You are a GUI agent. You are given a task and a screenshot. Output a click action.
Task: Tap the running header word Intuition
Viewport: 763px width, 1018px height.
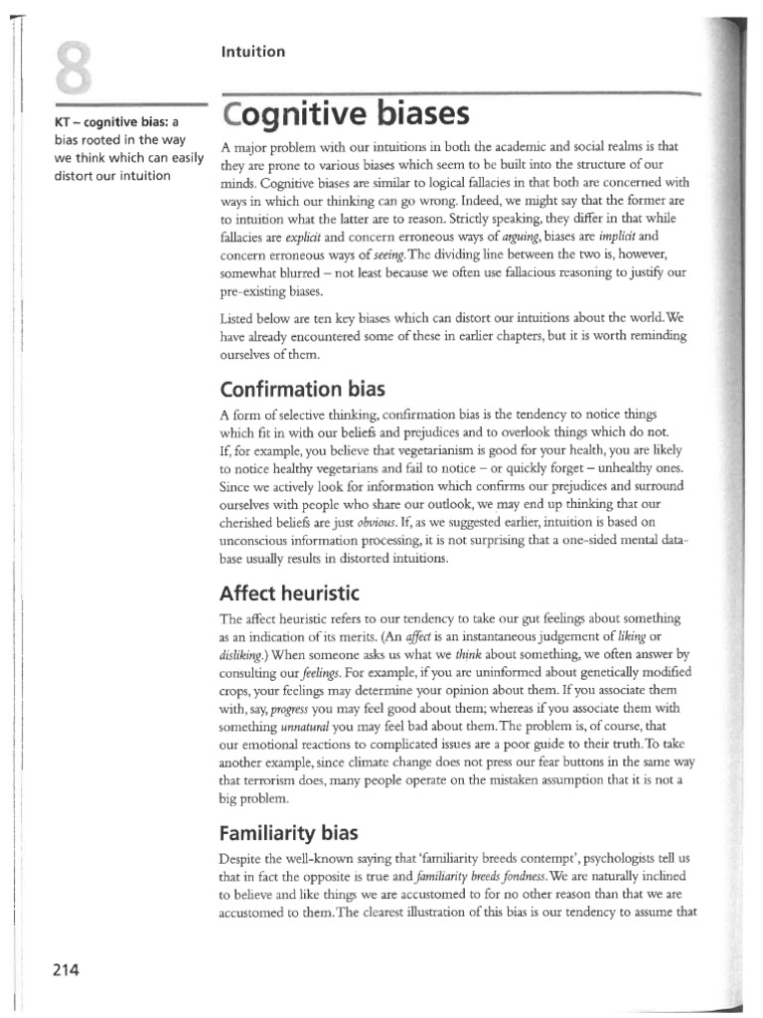[252, 52]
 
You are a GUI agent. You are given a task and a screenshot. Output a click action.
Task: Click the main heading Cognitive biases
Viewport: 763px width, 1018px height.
[345, 115]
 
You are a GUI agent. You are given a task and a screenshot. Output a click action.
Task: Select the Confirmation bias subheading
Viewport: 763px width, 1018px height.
[308, 386]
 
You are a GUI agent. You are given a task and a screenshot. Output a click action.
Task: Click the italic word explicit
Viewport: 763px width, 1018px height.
[305, 239]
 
